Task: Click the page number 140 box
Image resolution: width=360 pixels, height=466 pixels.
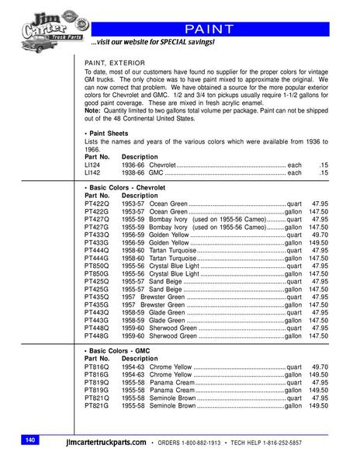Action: (30, 440)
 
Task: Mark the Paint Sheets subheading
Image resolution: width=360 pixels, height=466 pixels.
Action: (107, 134)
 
